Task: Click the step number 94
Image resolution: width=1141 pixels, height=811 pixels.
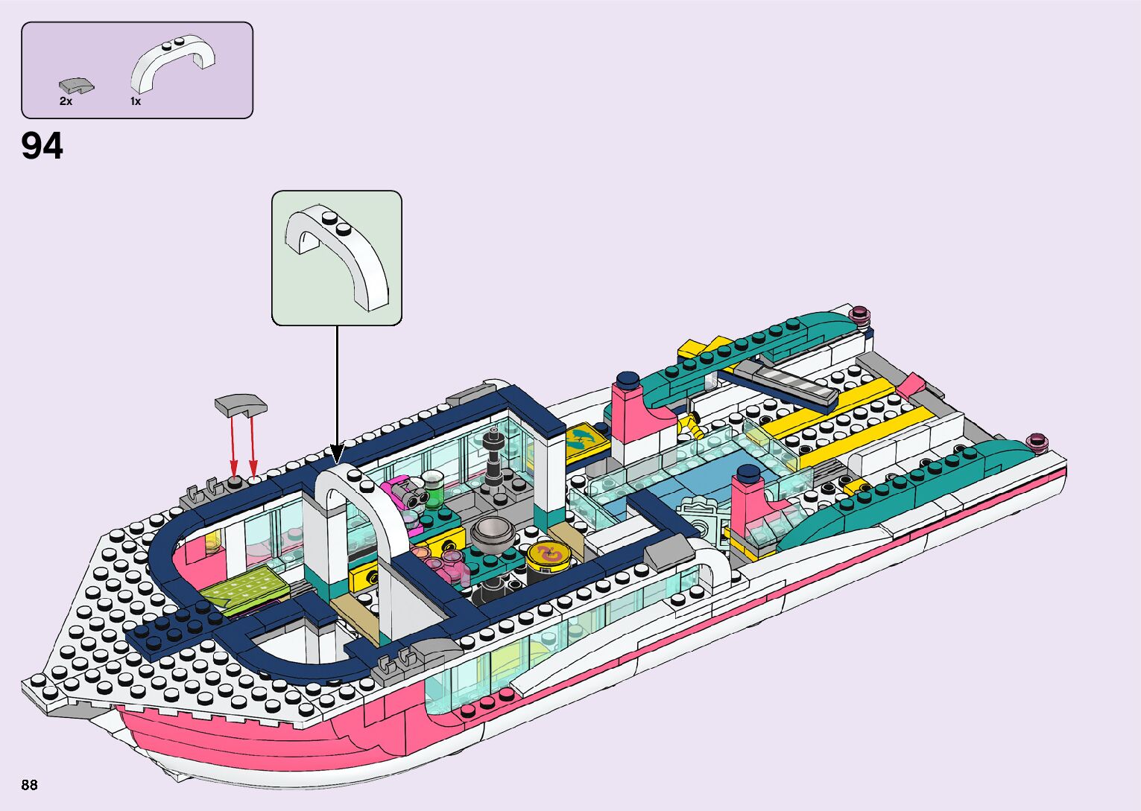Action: click(x=42, y=147)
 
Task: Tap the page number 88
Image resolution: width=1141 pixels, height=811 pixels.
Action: click(x=30, y=785)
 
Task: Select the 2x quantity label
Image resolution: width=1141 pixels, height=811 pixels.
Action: click(x=66, y=101)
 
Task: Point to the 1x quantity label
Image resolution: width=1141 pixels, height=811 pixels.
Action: click(x=136, y=101)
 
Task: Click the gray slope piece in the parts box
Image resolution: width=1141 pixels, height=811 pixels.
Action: click(x=77, y=86)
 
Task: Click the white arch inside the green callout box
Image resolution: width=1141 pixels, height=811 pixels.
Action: click(x=338, y=253)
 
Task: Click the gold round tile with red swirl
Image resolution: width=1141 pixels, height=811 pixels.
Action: click(x=548, y=553)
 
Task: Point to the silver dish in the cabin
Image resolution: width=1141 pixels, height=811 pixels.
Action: click(x=493, y=532)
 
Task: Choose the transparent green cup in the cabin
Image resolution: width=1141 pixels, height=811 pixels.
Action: click(x=432, y=487)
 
